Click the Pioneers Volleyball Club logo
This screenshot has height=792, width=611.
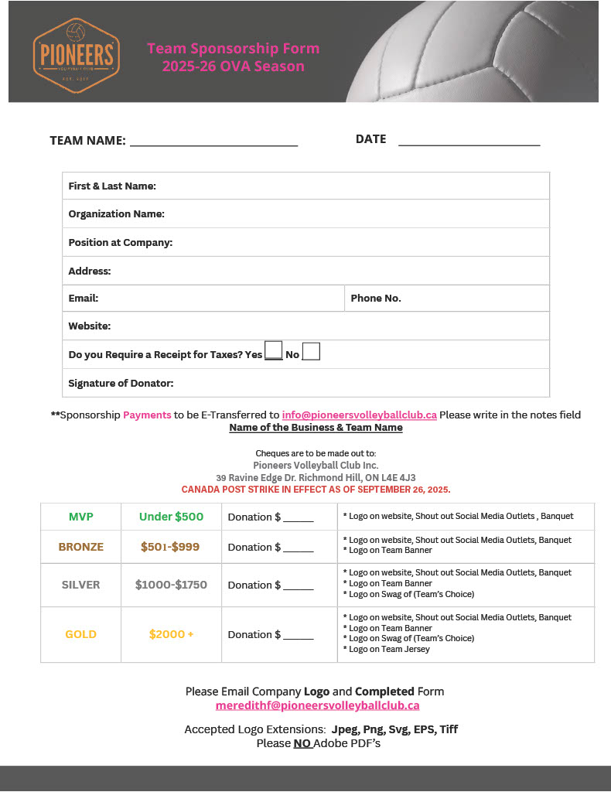76,52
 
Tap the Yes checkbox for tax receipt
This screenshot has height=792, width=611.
273,351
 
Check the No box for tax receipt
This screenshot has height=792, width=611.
311,352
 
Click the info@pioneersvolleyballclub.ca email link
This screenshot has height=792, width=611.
359,415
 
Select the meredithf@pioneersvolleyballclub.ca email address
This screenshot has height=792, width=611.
317,705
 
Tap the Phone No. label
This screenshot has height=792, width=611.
376,298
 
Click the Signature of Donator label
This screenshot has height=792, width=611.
121,383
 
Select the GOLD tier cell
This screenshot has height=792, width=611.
80,634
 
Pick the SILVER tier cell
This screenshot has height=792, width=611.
80,585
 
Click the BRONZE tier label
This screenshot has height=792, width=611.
80,547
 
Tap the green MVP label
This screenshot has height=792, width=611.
80,517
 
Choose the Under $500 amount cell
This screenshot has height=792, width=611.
171,517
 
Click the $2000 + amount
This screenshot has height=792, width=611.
171,634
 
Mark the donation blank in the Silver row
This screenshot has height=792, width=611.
298,587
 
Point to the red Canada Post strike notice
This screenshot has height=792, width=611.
316,490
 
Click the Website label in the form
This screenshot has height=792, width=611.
90,326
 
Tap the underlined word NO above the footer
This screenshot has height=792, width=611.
302,743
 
